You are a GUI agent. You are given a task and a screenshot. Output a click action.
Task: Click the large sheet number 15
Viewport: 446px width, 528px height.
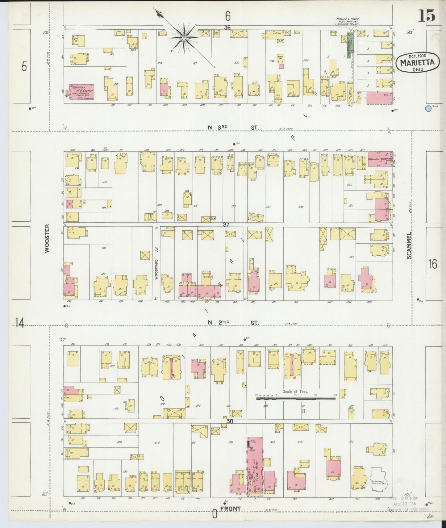pos(427,15)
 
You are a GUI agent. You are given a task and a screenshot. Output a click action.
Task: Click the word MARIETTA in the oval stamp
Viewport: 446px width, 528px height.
pos(417,63)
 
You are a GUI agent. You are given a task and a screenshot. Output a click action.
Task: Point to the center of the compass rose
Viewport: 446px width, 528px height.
pos(184,38)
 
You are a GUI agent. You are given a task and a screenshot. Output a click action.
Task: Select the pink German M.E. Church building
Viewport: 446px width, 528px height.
pos(81,92)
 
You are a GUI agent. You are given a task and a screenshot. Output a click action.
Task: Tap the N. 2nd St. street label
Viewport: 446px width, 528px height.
pos(233,323)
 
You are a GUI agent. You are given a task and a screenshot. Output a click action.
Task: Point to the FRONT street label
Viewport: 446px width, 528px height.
pos(230,509)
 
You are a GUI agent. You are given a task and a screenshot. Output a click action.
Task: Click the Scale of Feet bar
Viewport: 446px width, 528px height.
pos(295,399)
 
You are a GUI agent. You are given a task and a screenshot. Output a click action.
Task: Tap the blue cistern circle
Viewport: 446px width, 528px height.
pos(428,108)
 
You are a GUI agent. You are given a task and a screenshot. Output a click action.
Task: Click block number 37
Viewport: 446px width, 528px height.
pos(226,225)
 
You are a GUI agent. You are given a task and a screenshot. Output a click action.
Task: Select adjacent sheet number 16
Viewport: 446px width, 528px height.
pos(432,264)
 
